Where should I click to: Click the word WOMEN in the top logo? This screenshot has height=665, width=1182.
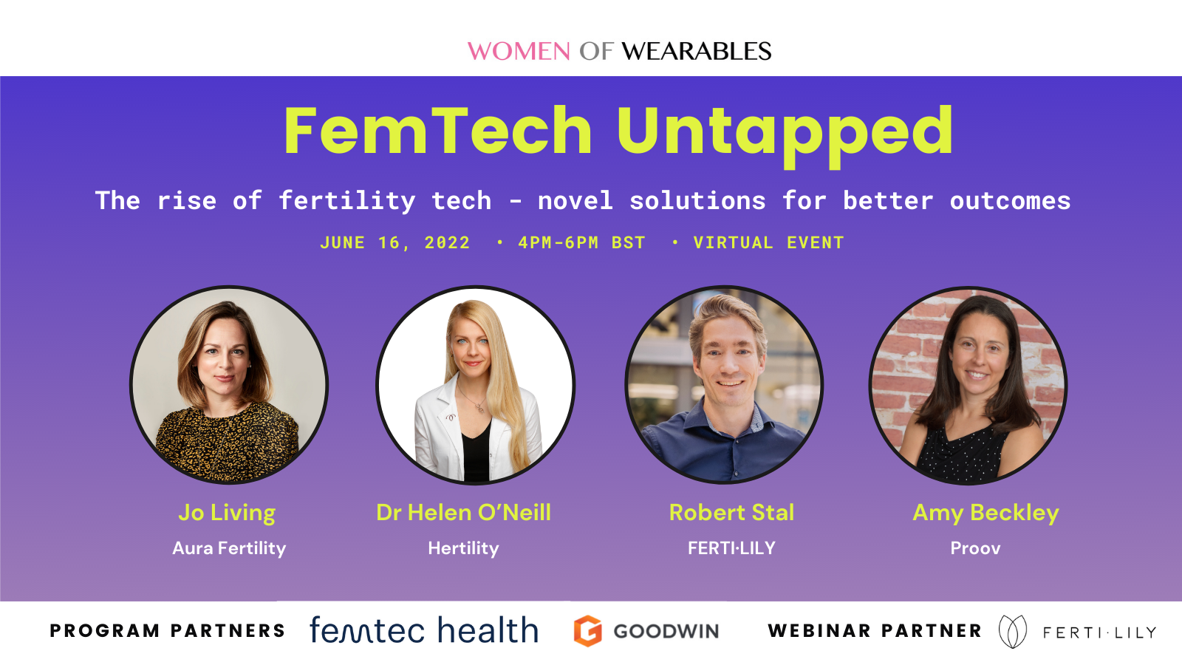coord(519,52)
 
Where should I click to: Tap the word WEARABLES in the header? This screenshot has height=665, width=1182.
coord(696,52)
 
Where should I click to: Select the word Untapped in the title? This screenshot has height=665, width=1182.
coord(785,133)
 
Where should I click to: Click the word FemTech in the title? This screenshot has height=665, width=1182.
coord(438,132)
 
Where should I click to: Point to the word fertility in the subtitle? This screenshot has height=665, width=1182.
coord(347,201)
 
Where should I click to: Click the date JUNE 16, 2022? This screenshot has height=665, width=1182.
coord(394,243)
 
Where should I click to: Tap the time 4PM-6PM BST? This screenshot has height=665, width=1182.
coord(581,243)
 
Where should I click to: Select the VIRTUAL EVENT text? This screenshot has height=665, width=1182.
coord(768,243)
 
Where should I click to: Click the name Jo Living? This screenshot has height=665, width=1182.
coord(227,513)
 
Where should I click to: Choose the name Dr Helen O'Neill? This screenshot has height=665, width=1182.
coord(463,513)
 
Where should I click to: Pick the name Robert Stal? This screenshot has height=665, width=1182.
coord(731,513)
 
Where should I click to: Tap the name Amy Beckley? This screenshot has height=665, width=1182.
coord(985,513)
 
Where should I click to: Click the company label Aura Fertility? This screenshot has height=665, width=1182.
coord(229,548)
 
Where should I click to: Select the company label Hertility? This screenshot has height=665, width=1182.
coord(463,548)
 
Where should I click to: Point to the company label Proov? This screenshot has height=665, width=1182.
coord(975,548)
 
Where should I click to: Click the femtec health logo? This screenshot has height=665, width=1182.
coord(424,631)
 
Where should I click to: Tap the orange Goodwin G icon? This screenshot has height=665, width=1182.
coord(588,631)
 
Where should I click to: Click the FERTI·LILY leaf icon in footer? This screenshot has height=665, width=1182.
coord(1012,632)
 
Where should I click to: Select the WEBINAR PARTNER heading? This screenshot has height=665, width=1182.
coord(875,631)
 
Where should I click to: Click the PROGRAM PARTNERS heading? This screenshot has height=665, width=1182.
coord(168,631)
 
